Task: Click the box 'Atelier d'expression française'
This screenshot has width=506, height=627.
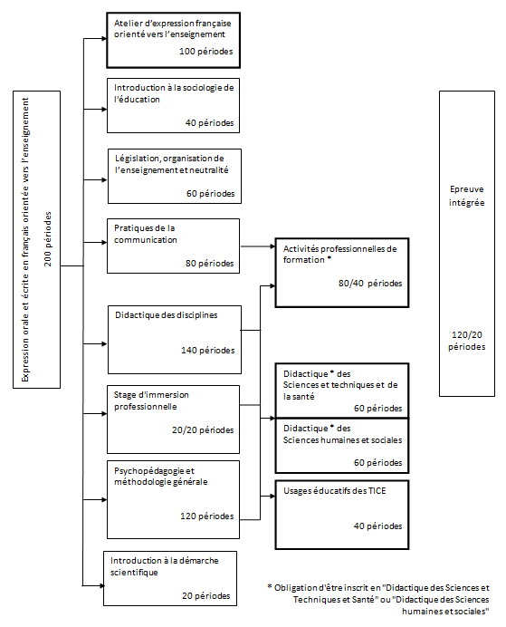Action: (x=173, y=40)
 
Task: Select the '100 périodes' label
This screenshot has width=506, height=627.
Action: (x=206, y=51)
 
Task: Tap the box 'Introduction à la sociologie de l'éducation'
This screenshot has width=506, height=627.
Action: (x=173, y=106)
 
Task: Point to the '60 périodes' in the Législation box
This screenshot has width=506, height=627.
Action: (x=211, y=194)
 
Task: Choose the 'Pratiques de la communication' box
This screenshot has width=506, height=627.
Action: (x=173, y=246)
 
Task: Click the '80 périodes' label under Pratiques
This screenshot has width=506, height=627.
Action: (x=210, y=263)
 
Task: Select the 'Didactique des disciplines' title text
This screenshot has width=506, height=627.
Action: (x=167, y=315)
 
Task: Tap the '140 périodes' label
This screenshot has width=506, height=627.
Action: (x=208, y=351)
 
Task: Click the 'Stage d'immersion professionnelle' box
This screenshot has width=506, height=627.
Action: (x=173, y=420)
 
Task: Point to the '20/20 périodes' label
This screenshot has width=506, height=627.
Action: (x=203, y=429)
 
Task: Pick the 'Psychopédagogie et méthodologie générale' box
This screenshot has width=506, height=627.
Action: (x=173, y=499)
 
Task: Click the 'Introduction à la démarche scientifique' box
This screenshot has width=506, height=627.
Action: (x=170, y=579)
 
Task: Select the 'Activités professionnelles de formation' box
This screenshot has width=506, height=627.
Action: (x=342, y=273)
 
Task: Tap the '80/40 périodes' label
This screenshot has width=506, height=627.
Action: (x=370, y=283)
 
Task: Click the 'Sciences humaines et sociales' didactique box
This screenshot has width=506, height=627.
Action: (x=342, y=446)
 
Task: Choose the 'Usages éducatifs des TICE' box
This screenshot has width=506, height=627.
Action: (x=342, y=515)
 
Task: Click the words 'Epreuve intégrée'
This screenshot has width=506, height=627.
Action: (x=467, y=196)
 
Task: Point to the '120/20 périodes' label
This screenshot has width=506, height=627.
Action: (x=467, y=341)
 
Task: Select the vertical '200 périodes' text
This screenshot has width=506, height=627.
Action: (x=48, y=239)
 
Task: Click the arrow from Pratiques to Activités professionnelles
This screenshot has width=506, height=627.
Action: (x=258, y=246)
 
